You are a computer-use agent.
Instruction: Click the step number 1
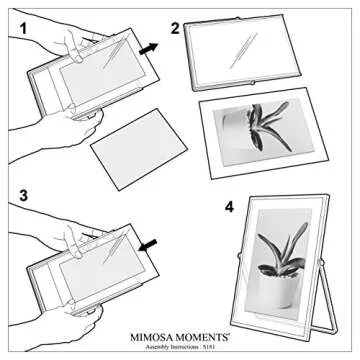14,18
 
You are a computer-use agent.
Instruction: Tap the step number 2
176,28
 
